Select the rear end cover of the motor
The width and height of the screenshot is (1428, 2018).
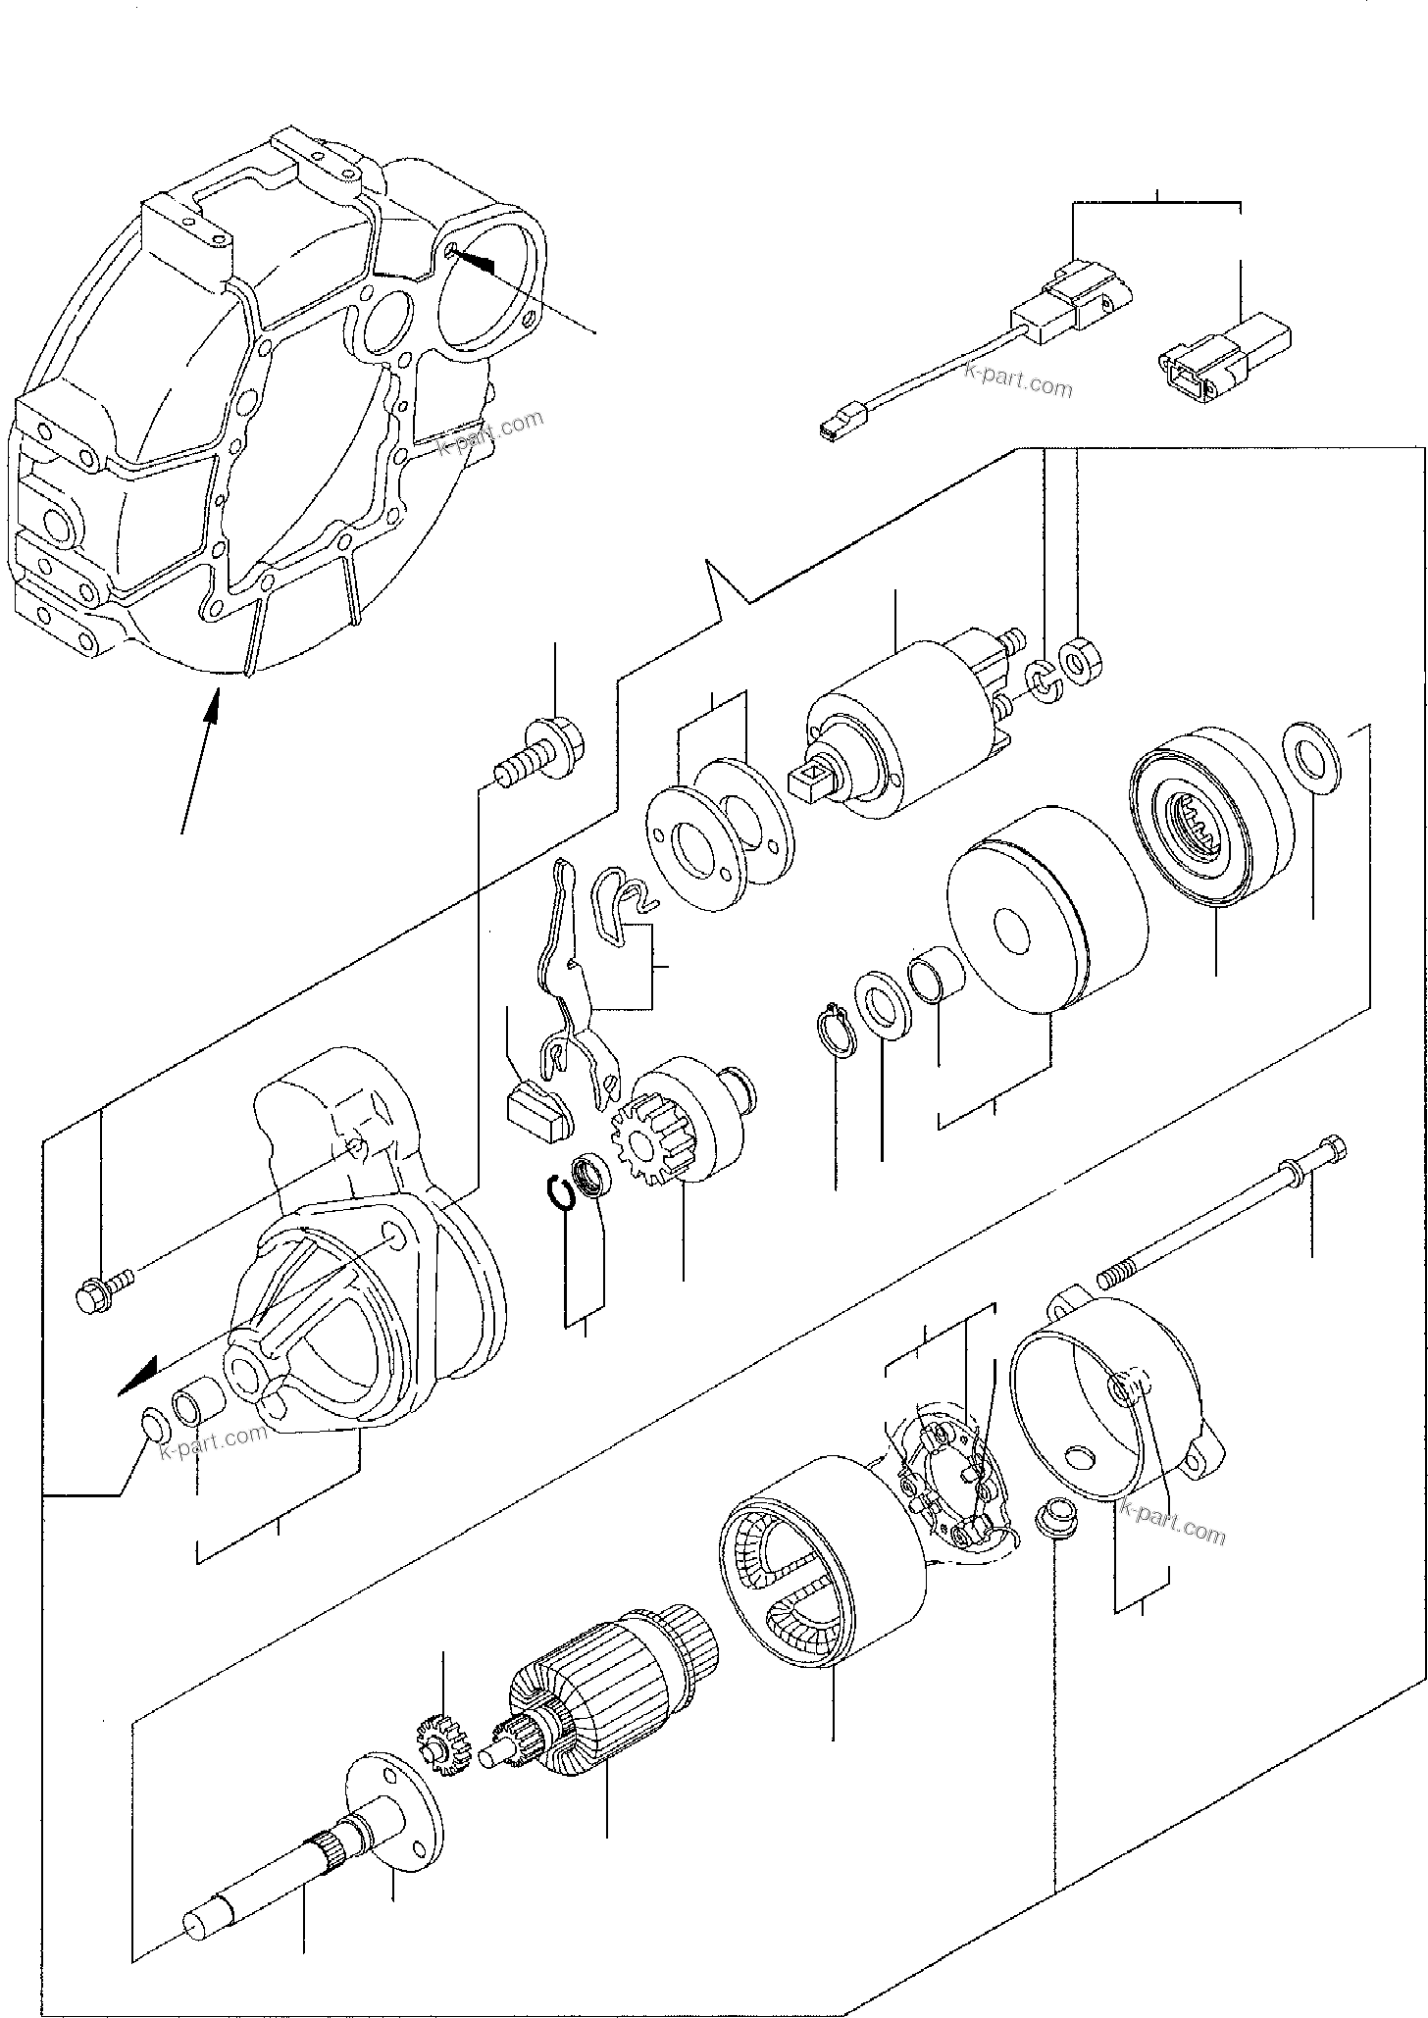[x=1118, y=1392]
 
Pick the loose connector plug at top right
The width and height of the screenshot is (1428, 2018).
[x=1221, y=355]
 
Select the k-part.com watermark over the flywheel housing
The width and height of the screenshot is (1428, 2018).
[x=489, y=434]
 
